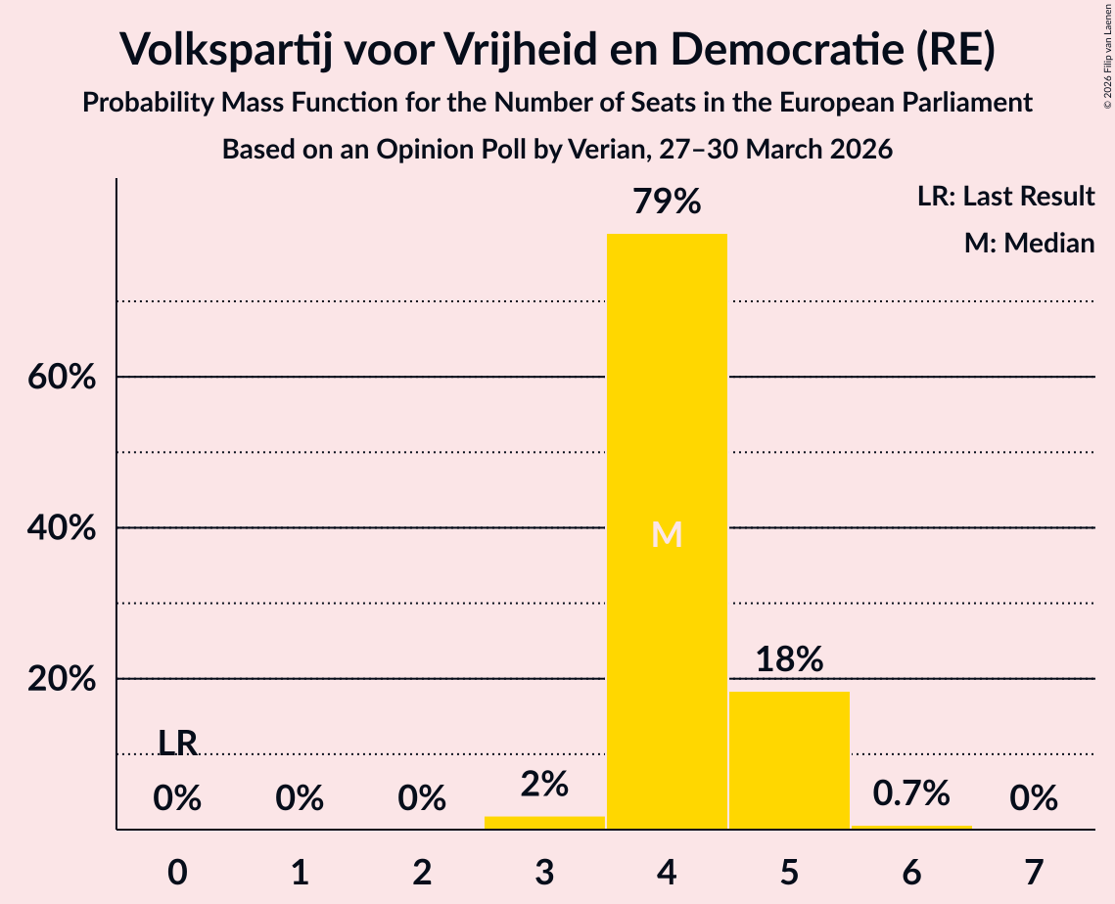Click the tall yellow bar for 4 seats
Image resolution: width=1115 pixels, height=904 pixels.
pos(667,531)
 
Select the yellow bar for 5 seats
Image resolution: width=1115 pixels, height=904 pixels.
pos(789,760)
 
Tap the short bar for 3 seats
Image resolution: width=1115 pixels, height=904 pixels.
pos(544,822)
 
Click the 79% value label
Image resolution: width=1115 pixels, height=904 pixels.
pos(667,202)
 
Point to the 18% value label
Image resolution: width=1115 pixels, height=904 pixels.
pos(789,659)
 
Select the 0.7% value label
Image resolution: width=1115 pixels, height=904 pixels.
pos(911,793)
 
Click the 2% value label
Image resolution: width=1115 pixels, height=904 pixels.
pos(544,785)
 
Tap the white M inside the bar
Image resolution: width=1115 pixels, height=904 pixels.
pos(667,534)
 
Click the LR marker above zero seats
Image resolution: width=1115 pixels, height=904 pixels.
pos(177,744)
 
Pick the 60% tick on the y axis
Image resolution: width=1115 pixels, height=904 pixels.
pos(62,377)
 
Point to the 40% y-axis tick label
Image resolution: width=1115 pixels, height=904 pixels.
pos(62,528)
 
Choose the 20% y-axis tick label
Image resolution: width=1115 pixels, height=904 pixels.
pos(62,679)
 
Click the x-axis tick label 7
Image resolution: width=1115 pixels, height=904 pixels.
pos(1034,872)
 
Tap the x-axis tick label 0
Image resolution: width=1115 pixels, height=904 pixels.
pos(177,872)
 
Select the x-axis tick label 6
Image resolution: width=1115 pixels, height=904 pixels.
pos(911,872)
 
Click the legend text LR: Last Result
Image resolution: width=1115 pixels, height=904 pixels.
pos(1005,196)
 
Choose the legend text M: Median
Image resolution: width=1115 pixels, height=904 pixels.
pos(1029,243)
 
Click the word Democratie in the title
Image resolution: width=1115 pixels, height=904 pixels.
pos(787,49)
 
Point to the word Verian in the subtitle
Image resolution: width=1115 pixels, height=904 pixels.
pos(611,150)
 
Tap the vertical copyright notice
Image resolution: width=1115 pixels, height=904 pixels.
pos(1107,56)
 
